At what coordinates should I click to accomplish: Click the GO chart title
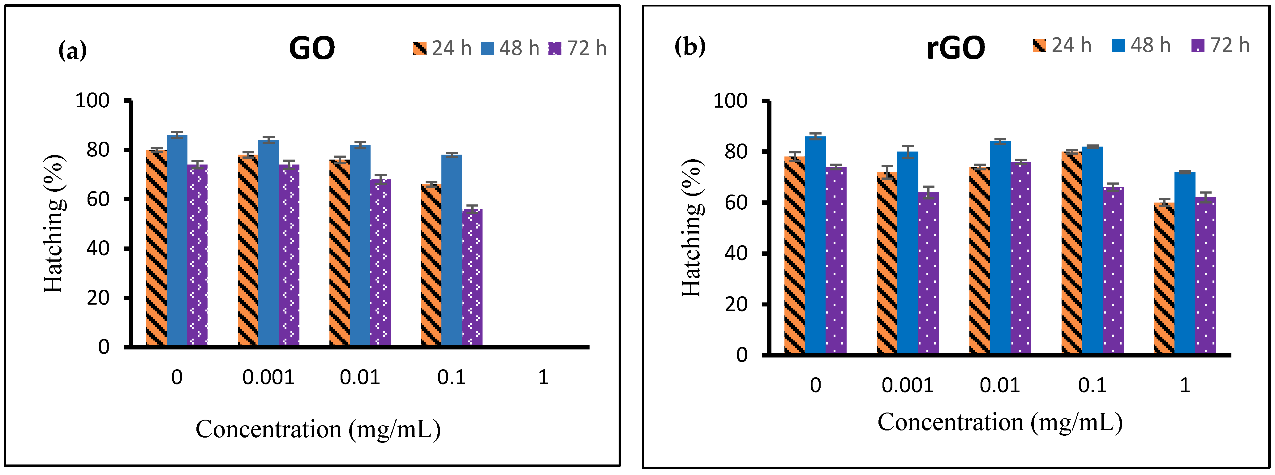tap(312, 49)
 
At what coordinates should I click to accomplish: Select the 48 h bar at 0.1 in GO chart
tap(451, 250)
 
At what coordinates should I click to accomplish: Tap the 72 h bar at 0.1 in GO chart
tap(472, 277)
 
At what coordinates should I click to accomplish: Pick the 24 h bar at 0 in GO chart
tap(157, 247)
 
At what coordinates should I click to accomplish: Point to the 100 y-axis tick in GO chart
tap(92, 101)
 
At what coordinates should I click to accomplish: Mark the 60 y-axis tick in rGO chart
tap(736, 202)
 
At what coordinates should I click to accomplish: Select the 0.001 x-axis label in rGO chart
tap(907, 385)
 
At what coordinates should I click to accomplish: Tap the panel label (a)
tap(72, 50)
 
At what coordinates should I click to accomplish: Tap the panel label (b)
tap(689, 46)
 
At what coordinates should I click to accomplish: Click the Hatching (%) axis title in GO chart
tap(54, 224)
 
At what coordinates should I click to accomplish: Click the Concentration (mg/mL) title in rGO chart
tap(1000, 422)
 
